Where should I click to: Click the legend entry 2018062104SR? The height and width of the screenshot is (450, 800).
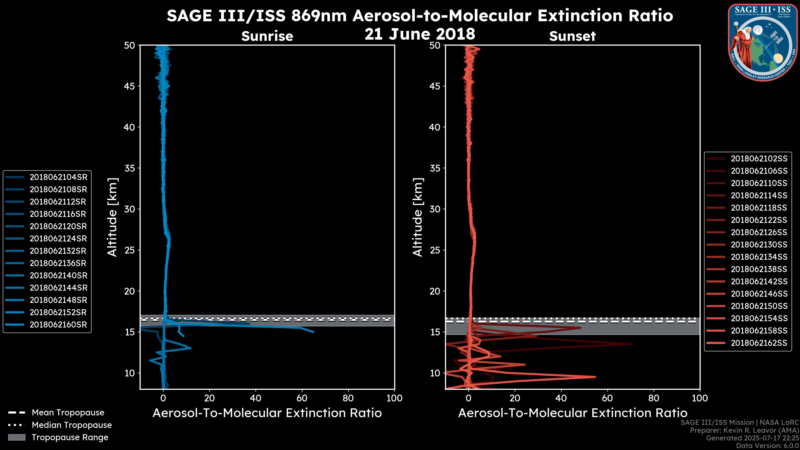(x=58, y=177)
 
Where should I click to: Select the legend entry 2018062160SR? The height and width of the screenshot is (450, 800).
(x=58, y=325)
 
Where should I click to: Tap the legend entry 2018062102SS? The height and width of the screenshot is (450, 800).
(x=759, y=159)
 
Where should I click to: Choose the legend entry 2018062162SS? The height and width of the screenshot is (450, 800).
(x=759, y=343)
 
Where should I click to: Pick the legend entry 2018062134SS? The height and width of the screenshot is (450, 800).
(x=759, y=257)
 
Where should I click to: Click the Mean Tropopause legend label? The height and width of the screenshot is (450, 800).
(x=68, y=412)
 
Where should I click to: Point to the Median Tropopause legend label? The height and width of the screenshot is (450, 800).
(x=72, y=425)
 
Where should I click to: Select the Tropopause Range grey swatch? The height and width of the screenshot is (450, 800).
(x=16, y=437)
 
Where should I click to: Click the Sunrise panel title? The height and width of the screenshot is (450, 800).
(x=267, y=36)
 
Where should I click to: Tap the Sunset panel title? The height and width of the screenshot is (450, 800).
(x=572, y=36)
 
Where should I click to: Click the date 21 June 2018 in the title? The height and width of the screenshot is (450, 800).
(x=420, y=34)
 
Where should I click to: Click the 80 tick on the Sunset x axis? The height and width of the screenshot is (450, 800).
(x=654, y=398)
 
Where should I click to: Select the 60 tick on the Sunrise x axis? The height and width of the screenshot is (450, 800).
(x=302, y=398)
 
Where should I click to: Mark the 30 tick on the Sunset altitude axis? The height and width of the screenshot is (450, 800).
(x=435, y=209)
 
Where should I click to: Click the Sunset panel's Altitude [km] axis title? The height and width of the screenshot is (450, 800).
(x=418, y=217)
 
